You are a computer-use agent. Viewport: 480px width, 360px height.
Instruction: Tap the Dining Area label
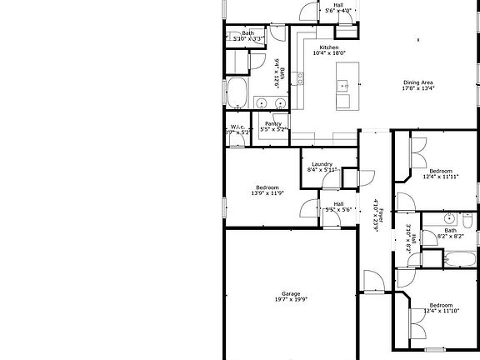pos(417,82)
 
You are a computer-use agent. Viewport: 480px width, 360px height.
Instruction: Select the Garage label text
pos(290,293)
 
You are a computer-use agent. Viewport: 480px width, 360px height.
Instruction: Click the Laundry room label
pos(322,163)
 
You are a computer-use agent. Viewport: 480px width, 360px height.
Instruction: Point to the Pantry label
pos(273,124)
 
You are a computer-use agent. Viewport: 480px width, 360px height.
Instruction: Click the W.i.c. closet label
pos(237,127)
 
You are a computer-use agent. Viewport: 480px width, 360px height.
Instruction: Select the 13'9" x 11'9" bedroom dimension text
pos(267,193)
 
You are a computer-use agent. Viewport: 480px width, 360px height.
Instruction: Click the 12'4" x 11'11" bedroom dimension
pos(440,176)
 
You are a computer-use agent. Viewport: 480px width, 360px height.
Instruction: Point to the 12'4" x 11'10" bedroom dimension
pos(440,312)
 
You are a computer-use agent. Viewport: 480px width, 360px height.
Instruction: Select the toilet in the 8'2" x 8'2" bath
pos(468,225)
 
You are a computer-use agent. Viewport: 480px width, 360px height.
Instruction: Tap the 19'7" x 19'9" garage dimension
pos(290,299)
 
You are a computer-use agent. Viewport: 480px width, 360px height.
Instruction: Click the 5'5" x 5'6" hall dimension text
pos(338,209)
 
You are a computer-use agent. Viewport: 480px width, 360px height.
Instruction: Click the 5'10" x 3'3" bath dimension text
pos(248,38)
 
